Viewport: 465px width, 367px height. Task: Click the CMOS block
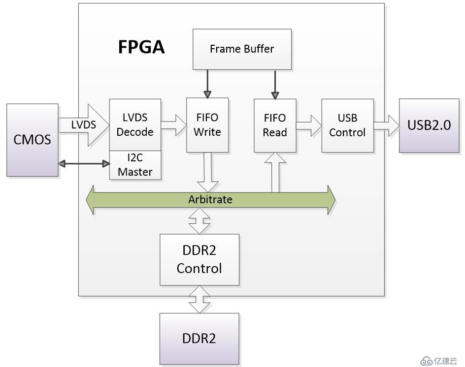[x=32, y=140]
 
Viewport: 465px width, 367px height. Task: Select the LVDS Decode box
[x=135, y=125]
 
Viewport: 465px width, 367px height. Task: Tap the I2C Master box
[x=135, y=165]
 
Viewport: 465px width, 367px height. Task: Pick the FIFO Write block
[x=207, y=125]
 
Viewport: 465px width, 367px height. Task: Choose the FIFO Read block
[x=275, y=125]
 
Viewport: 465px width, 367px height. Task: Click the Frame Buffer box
[x=241, y=49]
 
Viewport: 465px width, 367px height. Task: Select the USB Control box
[x=347, y=125]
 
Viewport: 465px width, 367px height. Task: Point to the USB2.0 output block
[x=429, y=125]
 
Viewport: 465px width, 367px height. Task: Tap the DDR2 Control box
[x=199, y=259]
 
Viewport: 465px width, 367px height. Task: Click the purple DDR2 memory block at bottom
[x=199, y=338]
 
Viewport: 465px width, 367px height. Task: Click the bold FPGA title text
[x=141, y=47]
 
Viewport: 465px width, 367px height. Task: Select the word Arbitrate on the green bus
[x=210, y=200]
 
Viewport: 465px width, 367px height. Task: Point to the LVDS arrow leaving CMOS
[x=84, y=125]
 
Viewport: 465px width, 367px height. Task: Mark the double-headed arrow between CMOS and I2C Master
[x=83, y=163]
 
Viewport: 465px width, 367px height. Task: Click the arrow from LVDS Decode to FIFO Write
[x=173, y=125]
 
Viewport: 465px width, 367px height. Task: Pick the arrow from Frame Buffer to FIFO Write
[x=207, y=84]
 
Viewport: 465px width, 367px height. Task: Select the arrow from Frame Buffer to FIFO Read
[x=275, y=84]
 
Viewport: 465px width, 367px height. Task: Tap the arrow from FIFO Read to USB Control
[x=309, y=125]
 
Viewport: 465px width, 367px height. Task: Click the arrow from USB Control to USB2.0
[x=386, y=125]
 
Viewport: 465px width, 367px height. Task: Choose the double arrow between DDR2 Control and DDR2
[x=199, y=299]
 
